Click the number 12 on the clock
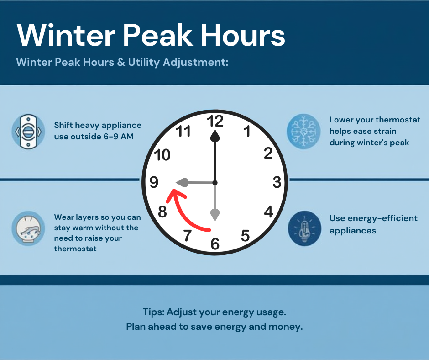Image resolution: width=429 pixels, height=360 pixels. pos(214,121)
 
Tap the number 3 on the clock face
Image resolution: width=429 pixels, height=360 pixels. pos(277,182)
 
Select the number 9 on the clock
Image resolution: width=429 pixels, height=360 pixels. pos(154,182)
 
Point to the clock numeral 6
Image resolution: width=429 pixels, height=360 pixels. pos(215,244)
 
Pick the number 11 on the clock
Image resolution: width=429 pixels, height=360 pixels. pos(183,132)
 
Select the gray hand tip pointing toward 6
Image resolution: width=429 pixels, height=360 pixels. pos(215,213)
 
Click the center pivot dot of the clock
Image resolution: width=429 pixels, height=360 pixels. pos(215,183)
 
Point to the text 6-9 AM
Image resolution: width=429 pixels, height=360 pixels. pos(118,136)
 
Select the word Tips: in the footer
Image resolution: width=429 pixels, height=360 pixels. pos(153,312)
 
